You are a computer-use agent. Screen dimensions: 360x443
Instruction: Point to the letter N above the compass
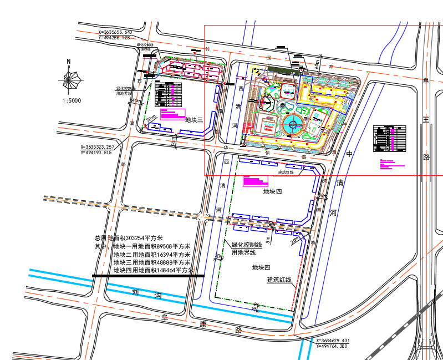pos(69,62)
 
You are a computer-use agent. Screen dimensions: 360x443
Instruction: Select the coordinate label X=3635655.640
pos(115,32)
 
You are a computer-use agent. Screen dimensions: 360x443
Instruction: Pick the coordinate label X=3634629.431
pos(333,340)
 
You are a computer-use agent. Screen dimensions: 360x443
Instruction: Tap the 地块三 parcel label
pos(194,120)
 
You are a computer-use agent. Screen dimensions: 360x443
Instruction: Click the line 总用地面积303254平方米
pos(129,239)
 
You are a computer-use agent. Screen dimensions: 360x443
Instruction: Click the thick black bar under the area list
pos(148,276)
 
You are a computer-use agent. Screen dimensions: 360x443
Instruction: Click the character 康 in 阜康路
pos(202,324)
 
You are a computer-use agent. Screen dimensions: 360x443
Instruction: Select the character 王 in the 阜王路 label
pos(426,119)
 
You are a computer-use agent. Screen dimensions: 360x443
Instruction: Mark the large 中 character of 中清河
pos(349,154)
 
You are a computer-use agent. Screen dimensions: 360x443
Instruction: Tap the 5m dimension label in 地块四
pos(268,240)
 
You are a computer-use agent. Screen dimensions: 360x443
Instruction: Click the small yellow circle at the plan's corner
pos(255,70)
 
